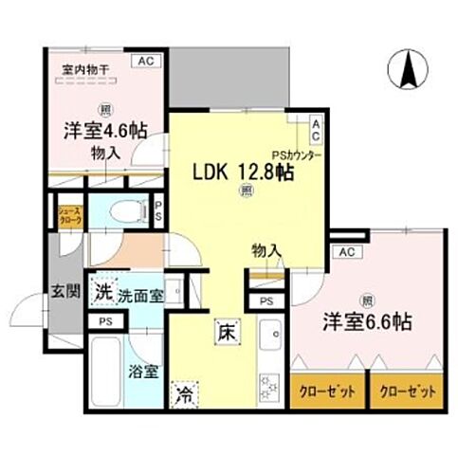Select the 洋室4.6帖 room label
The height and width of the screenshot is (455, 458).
pos(94,132)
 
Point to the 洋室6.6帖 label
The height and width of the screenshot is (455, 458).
pos(365,321)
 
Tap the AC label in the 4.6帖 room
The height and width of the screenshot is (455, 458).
pos(147,61)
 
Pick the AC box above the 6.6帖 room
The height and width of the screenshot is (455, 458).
pos(346,251)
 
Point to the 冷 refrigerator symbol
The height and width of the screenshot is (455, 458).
pos(180,394)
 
